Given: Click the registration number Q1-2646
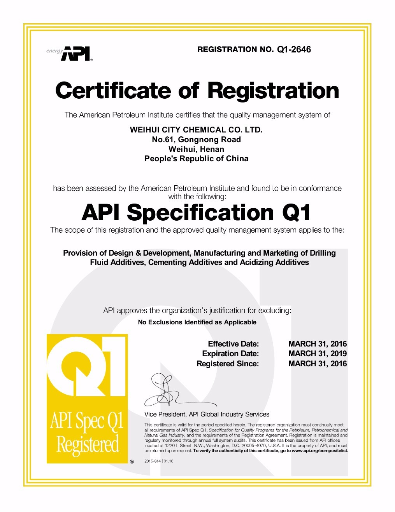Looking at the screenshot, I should (x=294, y=49).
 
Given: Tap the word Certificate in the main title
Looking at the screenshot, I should (x=113, y=91).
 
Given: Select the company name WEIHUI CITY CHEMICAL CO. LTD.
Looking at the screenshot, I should (x=196, y=130).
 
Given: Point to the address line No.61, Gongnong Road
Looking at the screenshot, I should (x=196, y=139).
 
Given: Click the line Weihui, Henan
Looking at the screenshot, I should (x=196, y=149).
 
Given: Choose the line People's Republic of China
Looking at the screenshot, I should (x=196, y=158).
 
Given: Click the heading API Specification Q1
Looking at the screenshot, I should (x=196, y=212).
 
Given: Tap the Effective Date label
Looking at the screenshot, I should (x=233, y=344).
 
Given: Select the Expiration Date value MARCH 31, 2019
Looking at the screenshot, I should (x=317, y=354).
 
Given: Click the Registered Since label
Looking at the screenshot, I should (x=227, y=364).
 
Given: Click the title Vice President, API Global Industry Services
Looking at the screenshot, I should (x=207, y=414).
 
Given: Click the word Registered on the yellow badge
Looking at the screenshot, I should (x=88, y=445).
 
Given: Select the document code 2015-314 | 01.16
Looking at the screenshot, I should (x=159, y=461).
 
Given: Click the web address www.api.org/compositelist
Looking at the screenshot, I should (x=320, y=451).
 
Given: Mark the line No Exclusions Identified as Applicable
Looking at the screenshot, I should (x=197, y=322).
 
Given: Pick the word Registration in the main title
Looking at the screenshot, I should (x=273, y=91).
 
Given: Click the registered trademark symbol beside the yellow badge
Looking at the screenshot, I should (x=132, y=461).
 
